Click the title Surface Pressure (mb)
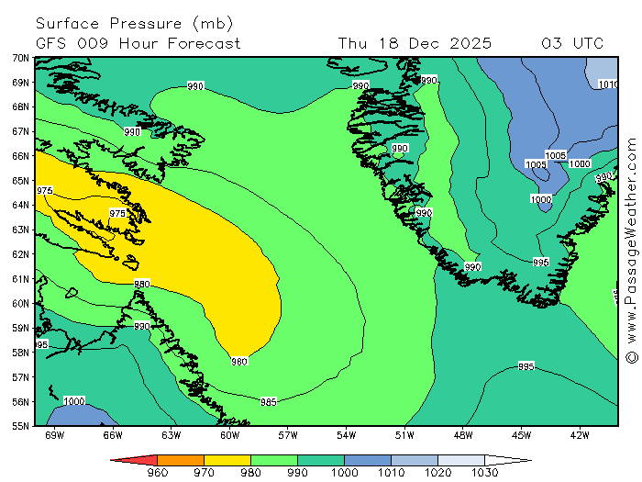[135, 23]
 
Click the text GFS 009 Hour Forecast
[138, 43]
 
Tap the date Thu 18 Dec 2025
[415, 43]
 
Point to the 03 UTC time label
[572, 43]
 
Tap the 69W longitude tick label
[54, 435]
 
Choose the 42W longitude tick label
[579, 435]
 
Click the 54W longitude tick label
[346, 435]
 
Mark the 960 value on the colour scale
[158, 473]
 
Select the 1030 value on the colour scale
[485, 473]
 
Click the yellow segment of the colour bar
[227, 459]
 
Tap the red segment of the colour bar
[138, 459]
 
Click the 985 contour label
[269, 401]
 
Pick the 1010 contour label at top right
[608, 84]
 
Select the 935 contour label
[526, 366]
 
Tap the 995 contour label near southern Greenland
[541, 262]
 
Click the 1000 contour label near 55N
[74, 401]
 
